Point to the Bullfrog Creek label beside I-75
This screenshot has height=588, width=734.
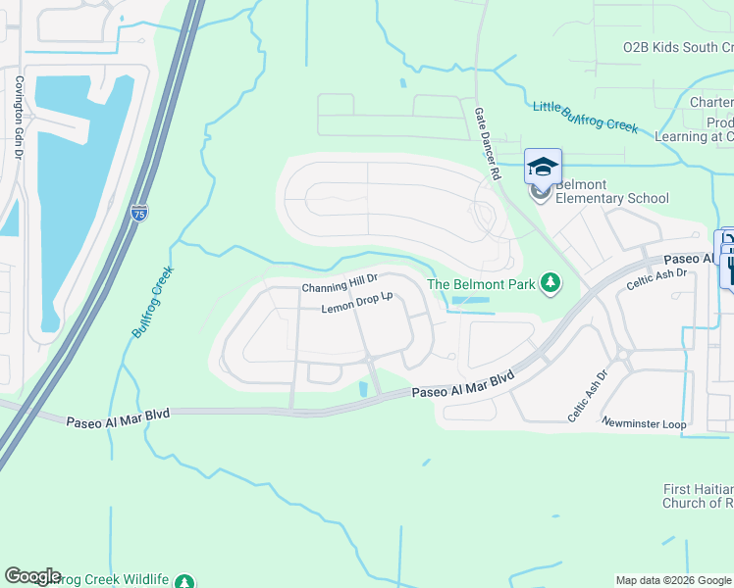click(153, 302)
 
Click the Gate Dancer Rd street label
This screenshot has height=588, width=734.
click(486, 143)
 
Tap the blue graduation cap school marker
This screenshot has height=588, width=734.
click(543, 165)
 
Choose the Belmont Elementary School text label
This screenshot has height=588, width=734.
click(611, 191)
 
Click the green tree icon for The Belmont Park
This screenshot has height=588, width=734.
click(550, 284)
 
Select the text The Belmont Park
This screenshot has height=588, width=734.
click(481, 285)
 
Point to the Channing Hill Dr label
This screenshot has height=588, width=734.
click(340, 287)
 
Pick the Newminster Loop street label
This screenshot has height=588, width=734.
click(643, 423)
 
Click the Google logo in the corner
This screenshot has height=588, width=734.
click(32, 576)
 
